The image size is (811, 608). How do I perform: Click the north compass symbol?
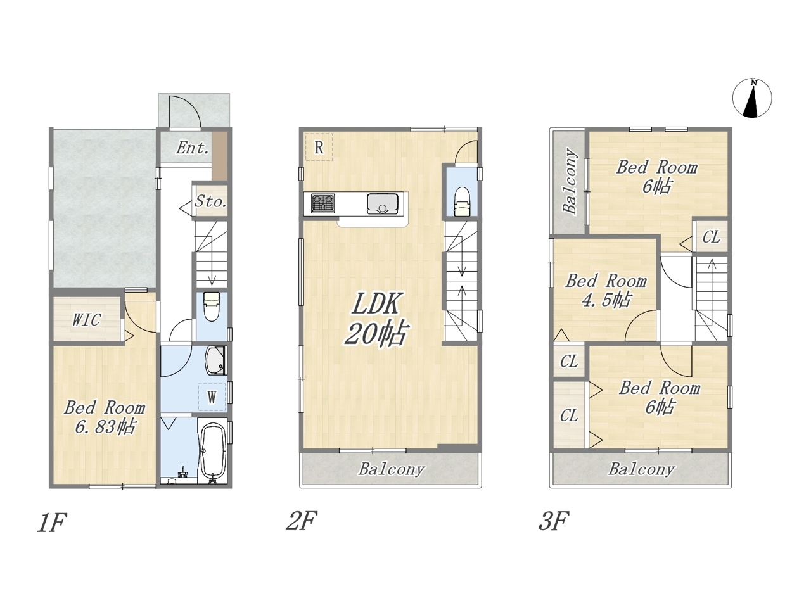pyautogui.click(x=752, y=98)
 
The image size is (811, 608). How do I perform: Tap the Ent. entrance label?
pyautogui.click(x=192, y=148)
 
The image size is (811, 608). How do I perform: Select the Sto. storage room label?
pyautogui.click(x=210, y=201)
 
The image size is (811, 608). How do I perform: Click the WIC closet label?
pyautogui.click(x=86, y=320)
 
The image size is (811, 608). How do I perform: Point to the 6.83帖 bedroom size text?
pyautogui.click(x=105, y=427)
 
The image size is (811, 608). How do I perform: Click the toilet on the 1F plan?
pyautogui.click(x=212, y=307)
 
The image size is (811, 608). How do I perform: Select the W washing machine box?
pyautogui.click(x=212, y=397)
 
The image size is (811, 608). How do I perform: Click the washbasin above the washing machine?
pyautogui.click(x=215, y=360)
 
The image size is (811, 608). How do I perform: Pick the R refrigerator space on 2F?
pyautogui.click(x=319, y=147)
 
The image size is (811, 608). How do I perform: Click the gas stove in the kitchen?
pyautogui.click(x=323, y=203)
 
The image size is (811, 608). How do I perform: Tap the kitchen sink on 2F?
pyautogui.click(x=383, y=204)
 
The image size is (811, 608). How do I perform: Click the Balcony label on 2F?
pyautogui.click(x=392, y=469)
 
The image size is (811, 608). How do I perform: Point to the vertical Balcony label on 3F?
pyautogui.click(x=570, y=181)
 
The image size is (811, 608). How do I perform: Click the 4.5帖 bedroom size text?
pyautogui.click(x=606, y=300)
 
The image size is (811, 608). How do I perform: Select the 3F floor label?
pyautogui.click(x=553, y=521)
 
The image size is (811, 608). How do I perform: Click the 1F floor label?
pyautogui.click(x=52, y=522)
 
